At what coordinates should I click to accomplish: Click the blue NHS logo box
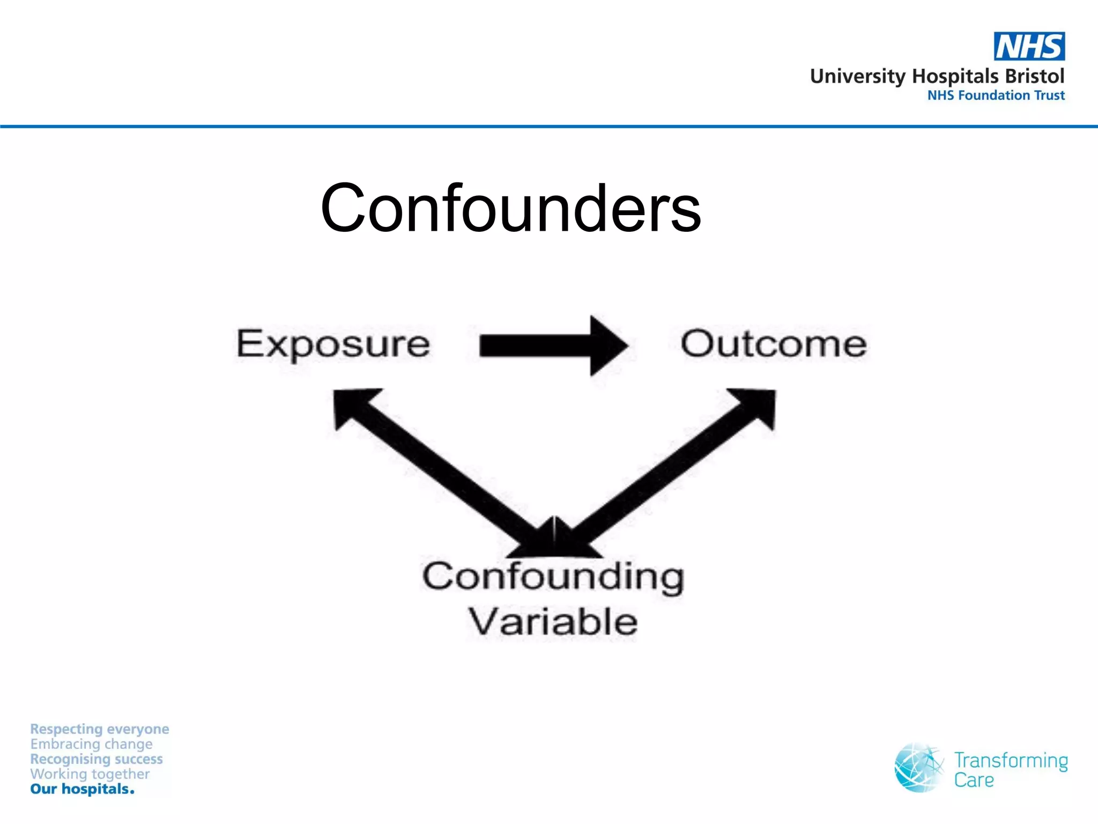click(x=1029, y=47)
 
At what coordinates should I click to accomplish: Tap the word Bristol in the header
click(x=1034, y=76)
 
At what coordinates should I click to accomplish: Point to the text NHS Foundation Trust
click(x=996, y=95)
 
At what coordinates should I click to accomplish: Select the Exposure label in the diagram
click(x=333, y=344)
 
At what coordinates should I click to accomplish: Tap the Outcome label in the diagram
click(x=773, y=344)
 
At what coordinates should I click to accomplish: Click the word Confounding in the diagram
click(x=553, y=577)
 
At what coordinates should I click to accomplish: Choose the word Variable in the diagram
click(x=553, y=622)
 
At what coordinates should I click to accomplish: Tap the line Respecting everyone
click(x=100, y=729)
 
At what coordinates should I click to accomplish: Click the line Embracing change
click(x=91, y=744)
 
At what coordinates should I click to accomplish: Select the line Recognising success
click(x=97, y=759)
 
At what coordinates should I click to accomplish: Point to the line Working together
click(x=90, y=774)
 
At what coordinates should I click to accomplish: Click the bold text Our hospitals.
click(x=82, y=789)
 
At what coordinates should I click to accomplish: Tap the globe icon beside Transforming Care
click(x=918, y=768)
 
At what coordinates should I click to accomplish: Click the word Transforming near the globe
click(x=1011, y=761)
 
